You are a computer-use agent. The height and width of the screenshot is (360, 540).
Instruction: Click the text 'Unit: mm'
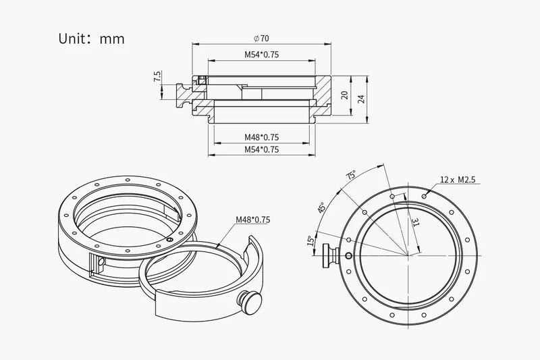(91, 38)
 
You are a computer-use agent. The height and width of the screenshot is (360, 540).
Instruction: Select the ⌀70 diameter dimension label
(261, 38)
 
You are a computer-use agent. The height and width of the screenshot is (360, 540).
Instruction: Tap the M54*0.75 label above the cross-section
(262, 55)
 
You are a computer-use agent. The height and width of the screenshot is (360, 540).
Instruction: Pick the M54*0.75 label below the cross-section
(262, 149)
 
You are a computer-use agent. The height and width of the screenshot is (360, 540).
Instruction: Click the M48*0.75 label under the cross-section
(262, 137)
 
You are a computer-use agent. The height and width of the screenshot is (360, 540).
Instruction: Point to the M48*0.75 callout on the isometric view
(252, 220)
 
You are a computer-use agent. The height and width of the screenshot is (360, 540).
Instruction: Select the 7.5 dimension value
(157, 76)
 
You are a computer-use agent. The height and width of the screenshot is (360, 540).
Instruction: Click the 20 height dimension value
(344, 95)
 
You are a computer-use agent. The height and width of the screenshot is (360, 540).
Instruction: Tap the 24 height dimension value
(361, 99)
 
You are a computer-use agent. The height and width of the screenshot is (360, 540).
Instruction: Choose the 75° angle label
(351, 175)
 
